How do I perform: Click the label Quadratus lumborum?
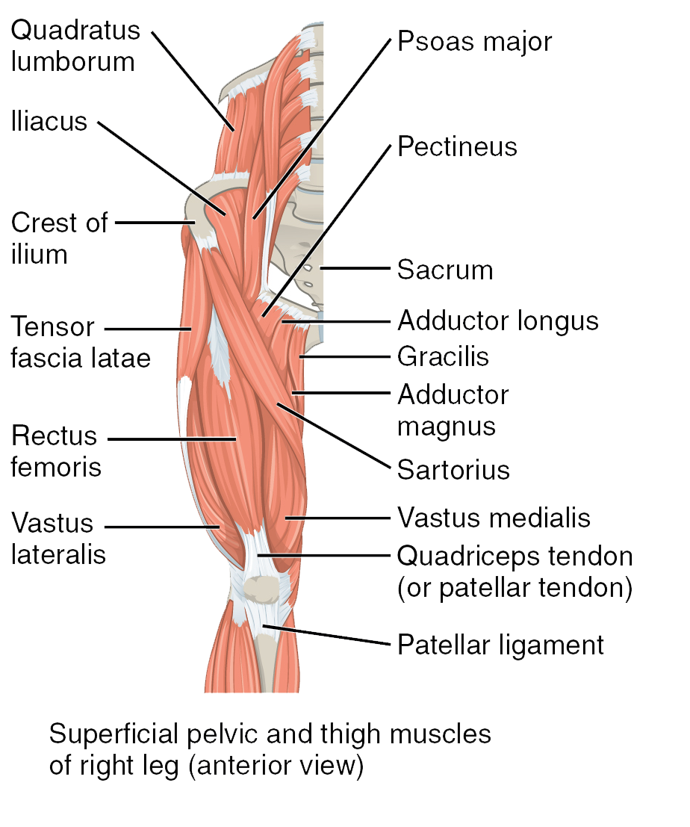[75, 46]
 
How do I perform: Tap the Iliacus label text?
[49, 121]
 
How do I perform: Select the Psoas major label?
[474, 42]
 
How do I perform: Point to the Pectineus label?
[457, 146]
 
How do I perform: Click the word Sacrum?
[445, 270]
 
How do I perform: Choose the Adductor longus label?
[498, 321]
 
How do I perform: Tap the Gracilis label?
[444, 356]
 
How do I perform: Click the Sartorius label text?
[453, 469]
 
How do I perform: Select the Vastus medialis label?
[494, 518]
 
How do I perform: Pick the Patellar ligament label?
[500, 645]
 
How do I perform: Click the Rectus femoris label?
[56, 451]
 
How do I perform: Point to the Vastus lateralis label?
[58, 539]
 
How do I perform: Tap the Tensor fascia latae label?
[81, 341]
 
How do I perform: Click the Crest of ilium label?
[59, 238]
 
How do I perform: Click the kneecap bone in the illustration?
[261, 589]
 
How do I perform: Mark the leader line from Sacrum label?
[355, 268]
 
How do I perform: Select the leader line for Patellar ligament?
[326, 635]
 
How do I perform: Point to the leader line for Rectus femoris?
[172, 439]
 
